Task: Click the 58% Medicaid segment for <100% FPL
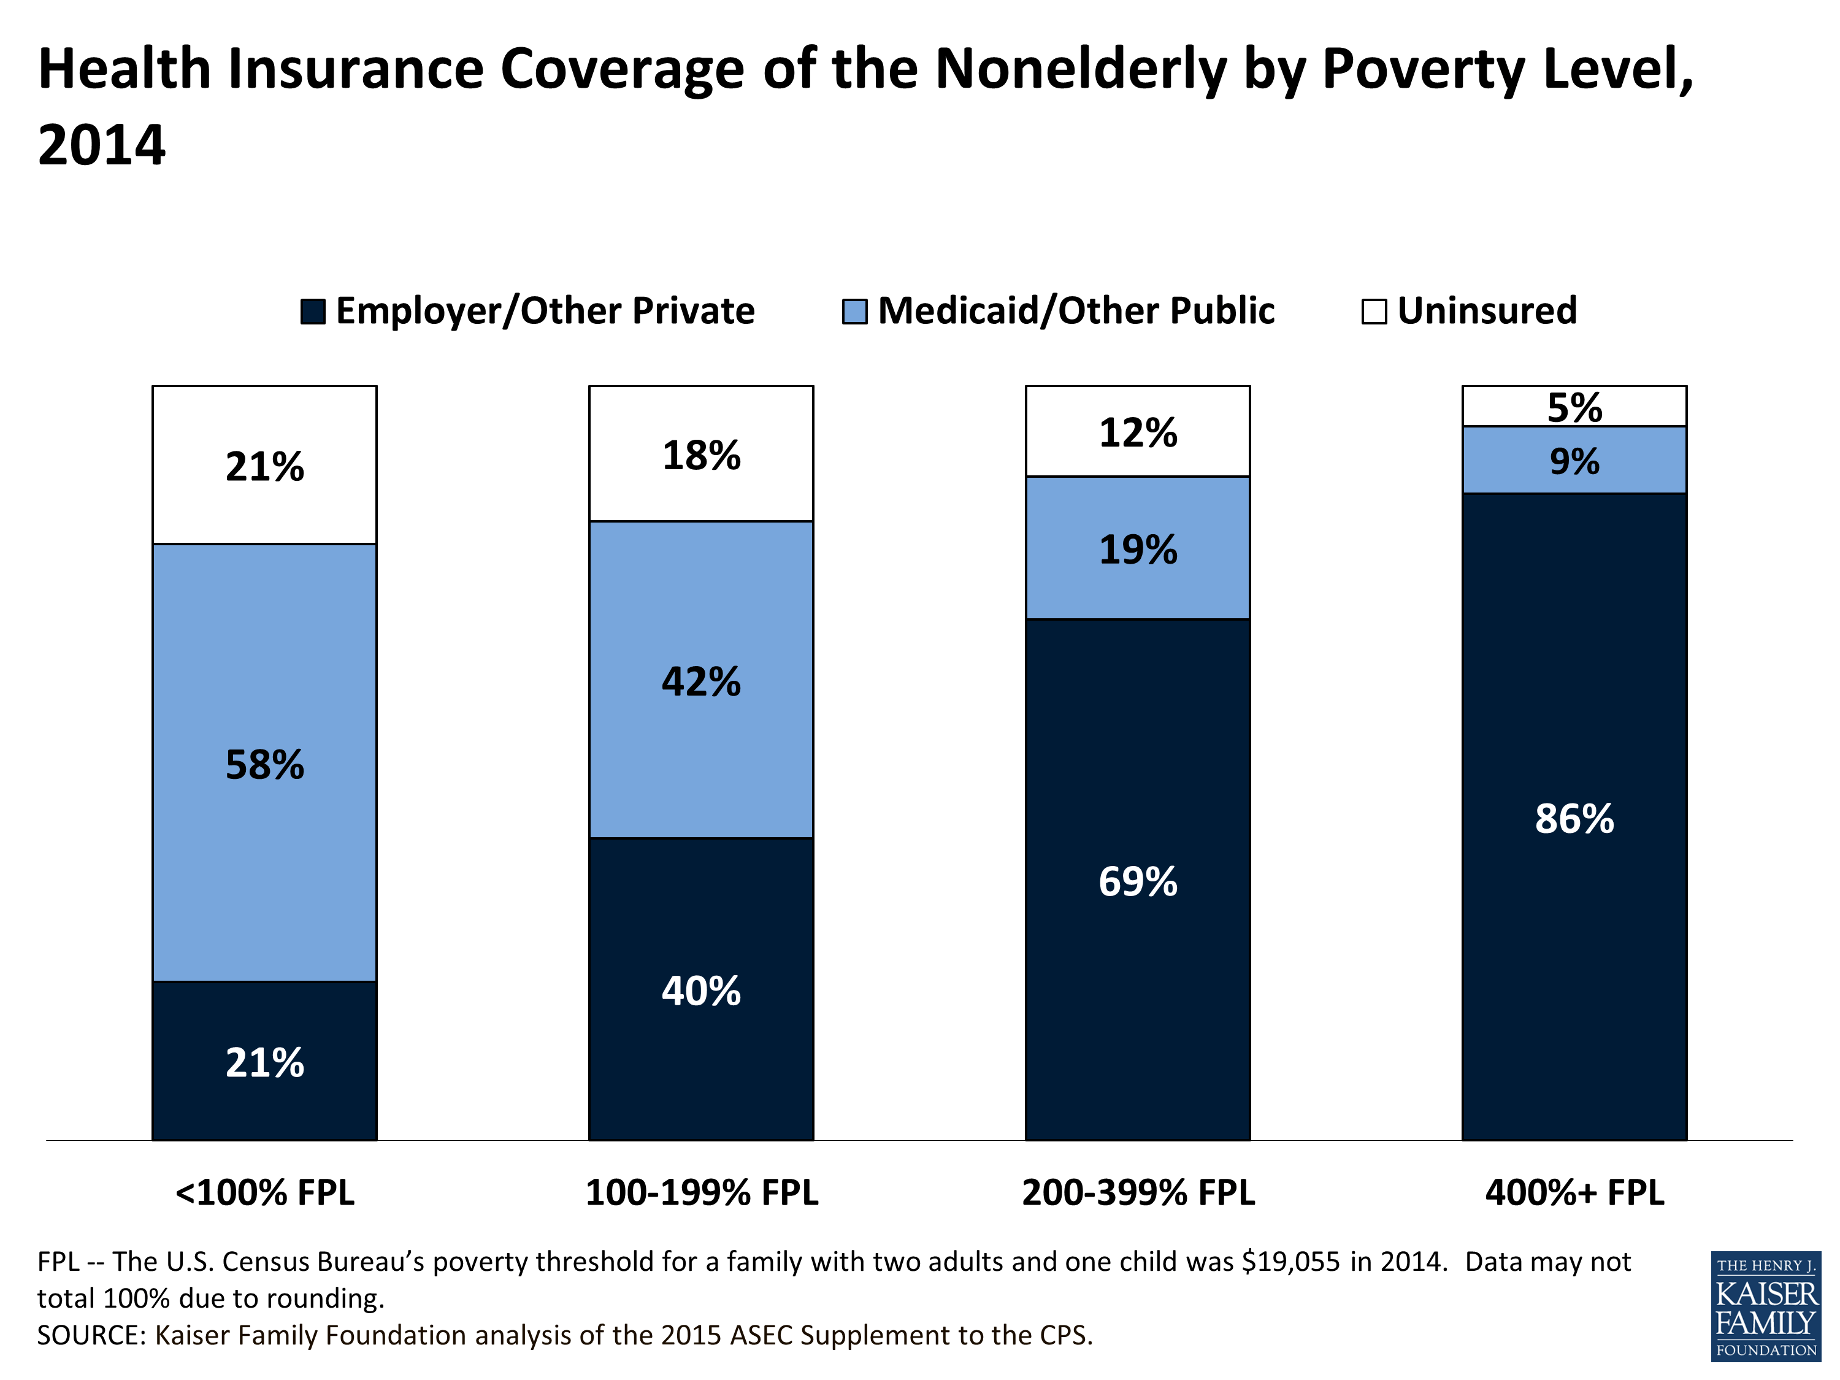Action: click(x=264, y=764)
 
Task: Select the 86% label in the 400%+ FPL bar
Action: click(x=1574, y=819)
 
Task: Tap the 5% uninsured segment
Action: click(x=1574, y=407)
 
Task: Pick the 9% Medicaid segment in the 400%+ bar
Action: click(x=1574, y=460)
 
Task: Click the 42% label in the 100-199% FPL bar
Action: click(x=700, y=681)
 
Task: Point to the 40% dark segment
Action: click(x=700, y=990)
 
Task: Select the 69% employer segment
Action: click(x=1137, y=880)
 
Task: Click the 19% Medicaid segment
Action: click(x=1137, y=549)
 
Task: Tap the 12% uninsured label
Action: click(x=1137, y=432)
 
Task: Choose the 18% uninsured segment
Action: click(x=700, y=455)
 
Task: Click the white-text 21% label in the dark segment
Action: click(x=264, y=1062)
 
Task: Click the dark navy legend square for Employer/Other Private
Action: click(x=313, y=312)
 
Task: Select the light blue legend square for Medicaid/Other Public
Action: click(x=854, y=312)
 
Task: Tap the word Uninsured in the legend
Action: click(x=1487, y=310)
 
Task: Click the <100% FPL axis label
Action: click(x=264, y=1192)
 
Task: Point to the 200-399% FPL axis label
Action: click(x=1137, y=1192)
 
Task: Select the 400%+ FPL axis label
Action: click(x=1574, y=1192)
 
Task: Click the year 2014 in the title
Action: click(x=101, y=145)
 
